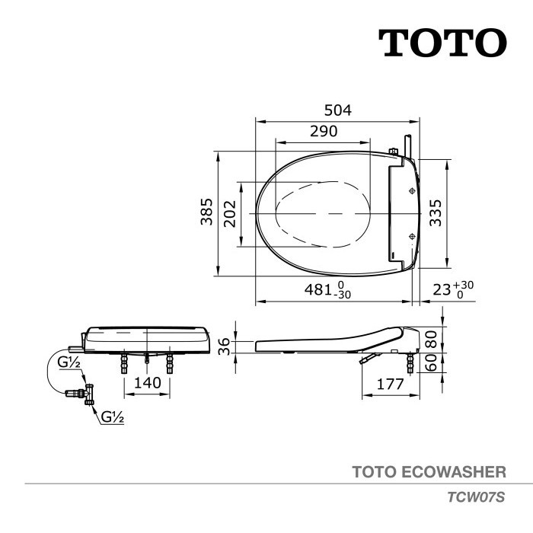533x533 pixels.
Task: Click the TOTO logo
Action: coord(442,43)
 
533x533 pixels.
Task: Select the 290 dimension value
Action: coord(324,131)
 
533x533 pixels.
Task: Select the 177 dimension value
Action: coord(391,384)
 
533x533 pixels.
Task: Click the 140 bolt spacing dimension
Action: coord(147,382)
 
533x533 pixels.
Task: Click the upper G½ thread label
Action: coord(70,362)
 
